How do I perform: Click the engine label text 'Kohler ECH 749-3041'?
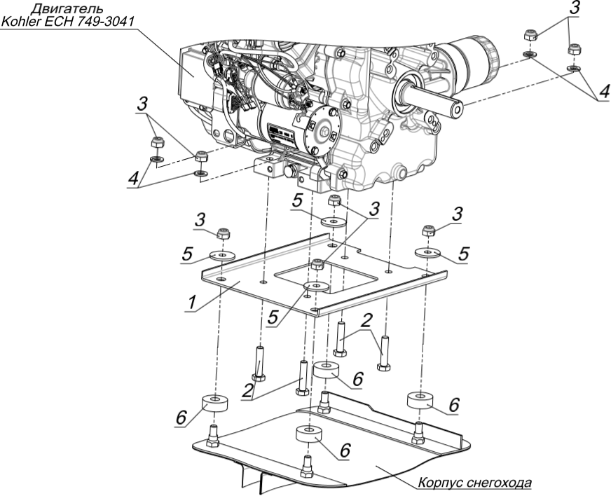tap(67, 22)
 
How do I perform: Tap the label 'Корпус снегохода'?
tap(474, 483)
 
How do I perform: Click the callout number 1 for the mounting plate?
tap(191, 303)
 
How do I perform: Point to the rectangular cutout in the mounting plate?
tap(327, 278)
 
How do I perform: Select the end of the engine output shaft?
tap(456, 107)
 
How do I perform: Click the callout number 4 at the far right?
tap(603, 92)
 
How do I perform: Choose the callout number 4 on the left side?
tap(134, 179)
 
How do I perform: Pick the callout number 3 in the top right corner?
tap(575, 8)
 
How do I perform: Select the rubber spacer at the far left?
tap(214, 404)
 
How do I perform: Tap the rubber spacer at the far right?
tap(420, 400)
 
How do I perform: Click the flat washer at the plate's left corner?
tap(222, 256)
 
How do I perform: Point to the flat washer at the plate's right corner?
tap(427, 252)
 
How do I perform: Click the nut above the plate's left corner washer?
tap(224, 233)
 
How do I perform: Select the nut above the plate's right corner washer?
tap(428, 230)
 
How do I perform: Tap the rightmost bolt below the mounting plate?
tap(384, 353)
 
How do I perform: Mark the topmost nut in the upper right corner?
tap(530, 35)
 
